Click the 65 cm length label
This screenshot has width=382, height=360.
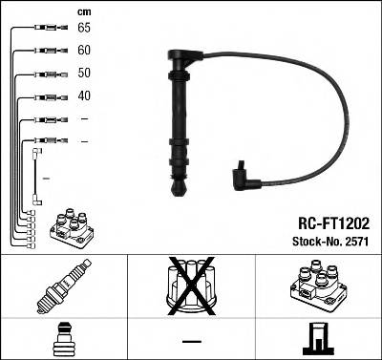click(x=85, y=29)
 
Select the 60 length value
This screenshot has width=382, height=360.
click(x=85, y=50)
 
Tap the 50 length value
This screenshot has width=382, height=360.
click(x=85, y=74)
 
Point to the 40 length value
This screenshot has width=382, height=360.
click(x=85, y=96)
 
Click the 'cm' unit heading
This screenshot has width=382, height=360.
click(x=83, y=11)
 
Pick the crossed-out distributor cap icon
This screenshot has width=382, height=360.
click(x=190, y=285)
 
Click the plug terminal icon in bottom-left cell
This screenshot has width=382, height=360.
click(x=63, y=338)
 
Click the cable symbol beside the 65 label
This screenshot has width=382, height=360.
click(x=48, y=30)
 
